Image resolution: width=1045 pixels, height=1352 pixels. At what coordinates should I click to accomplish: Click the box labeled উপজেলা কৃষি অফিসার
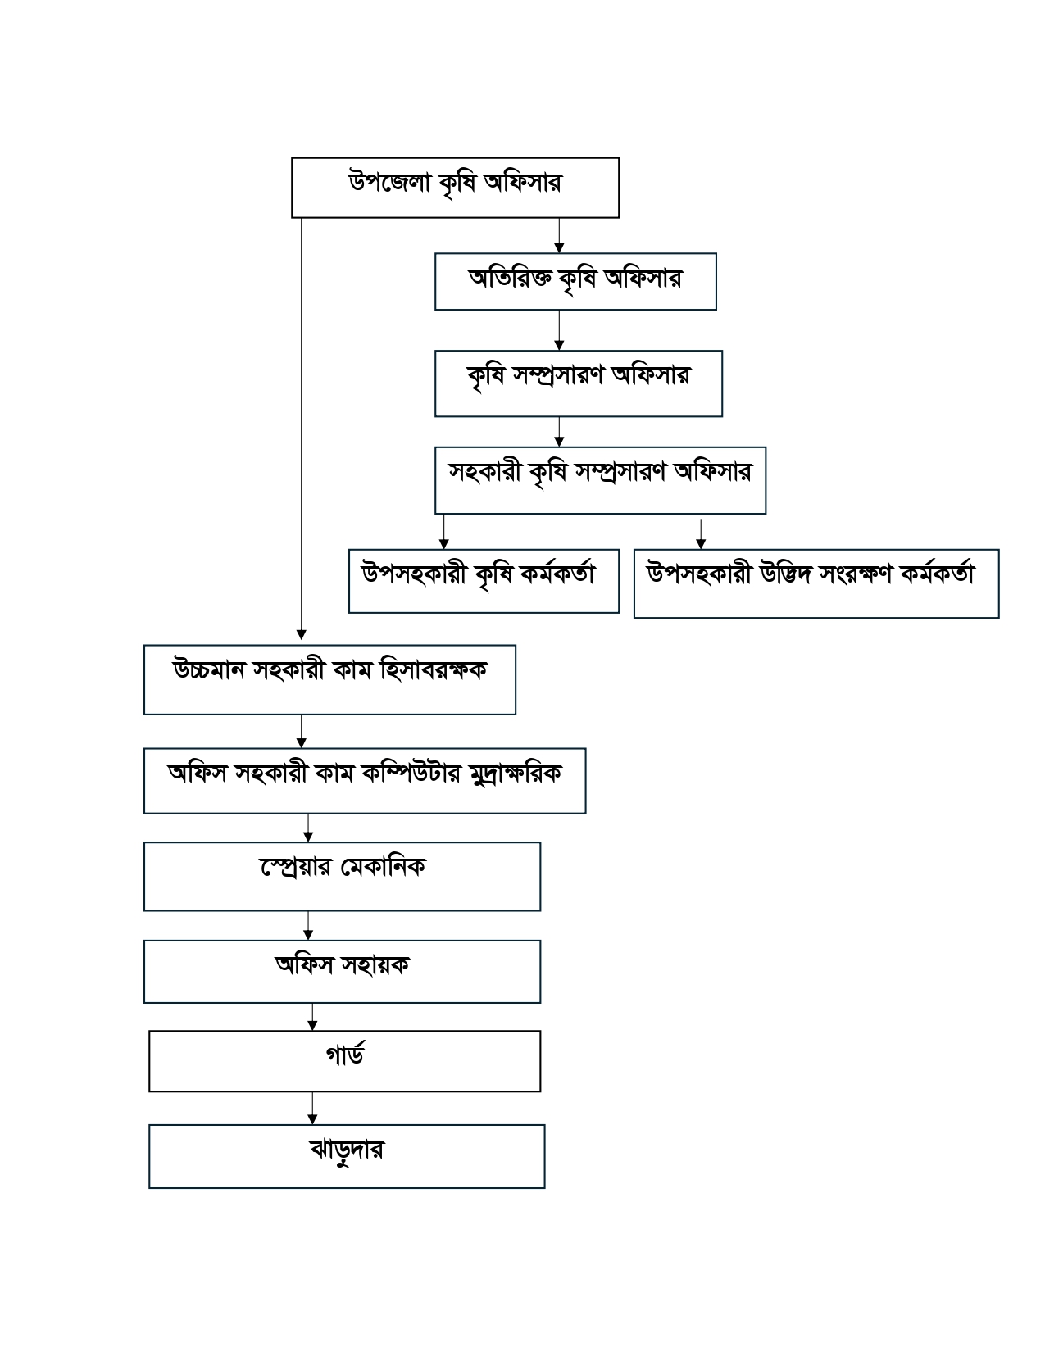point(455,188)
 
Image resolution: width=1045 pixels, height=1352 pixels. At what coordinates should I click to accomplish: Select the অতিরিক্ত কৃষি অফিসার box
point(575,282)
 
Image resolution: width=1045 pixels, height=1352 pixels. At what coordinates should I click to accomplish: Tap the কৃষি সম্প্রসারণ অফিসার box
point(578,383)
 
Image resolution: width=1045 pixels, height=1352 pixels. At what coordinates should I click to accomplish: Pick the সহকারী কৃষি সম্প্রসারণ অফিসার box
point(600,480)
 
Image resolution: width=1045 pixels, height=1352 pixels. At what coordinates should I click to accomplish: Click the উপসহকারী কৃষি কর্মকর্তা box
point(484,581)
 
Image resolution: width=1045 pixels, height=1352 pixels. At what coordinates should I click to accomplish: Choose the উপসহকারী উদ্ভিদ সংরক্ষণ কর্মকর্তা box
point(816,583)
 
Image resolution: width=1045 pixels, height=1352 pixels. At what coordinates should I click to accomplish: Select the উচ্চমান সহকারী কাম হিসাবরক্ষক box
point(329,679)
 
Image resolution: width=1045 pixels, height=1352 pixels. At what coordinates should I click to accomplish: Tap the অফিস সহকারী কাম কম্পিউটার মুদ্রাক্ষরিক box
point(365,781)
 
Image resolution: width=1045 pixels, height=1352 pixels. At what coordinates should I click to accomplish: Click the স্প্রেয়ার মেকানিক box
point(342,876)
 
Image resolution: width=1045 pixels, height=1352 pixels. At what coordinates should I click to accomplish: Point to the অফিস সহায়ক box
point(342,971)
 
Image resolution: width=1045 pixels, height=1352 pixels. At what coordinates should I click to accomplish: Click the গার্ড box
point(344,1061)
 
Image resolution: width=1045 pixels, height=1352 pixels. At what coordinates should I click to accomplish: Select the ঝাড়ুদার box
point(347,1156)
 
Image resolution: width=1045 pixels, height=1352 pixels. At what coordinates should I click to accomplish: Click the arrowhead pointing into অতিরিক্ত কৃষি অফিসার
point(559,247)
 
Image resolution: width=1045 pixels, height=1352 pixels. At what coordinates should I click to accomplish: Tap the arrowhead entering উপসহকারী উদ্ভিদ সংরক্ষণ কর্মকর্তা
point(700,543)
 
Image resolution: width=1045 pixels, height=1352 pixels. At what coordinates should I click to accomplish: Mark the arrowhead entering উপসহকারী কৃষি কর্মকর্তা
point(443,543)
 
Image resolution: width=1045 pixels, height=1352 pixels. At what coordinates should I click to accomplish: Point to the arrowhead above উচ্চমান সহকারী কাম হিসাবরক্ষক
point(301,635)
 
